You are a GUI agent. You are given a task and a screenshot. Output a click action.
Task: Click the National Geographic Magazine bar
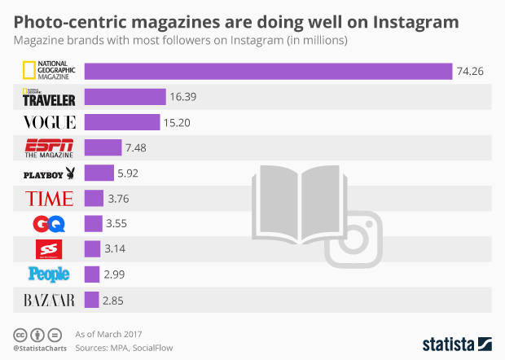point(268,72)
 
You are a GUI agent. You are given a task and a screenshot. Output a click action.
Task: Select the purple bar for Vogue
point(122,122)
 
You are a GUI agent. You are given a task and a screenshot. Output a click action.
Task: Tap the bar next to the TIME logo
point(94,198)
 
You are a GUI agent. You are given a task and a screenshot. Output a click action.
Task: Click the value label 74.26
point(470,72)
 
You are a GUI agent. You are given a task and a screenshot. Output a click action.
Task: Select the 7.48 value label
point(135,147)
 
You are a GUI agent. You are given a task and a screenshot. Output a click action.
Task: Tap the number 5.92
point(129,173)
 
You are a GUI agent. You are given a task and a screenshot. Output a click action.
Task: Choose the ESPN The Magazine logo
point(50,147)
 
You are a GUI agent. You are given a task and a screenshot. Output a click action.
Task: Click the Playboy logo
point(50,173)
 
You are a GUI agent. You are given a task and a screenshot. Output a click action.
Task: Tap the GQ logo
point(50,223)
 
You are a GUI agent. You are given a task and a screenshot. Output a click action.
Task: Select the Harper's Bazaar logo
point(50,299)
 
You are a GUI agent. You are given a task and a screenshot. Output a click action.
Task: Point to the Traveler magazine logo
point(50,97)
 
